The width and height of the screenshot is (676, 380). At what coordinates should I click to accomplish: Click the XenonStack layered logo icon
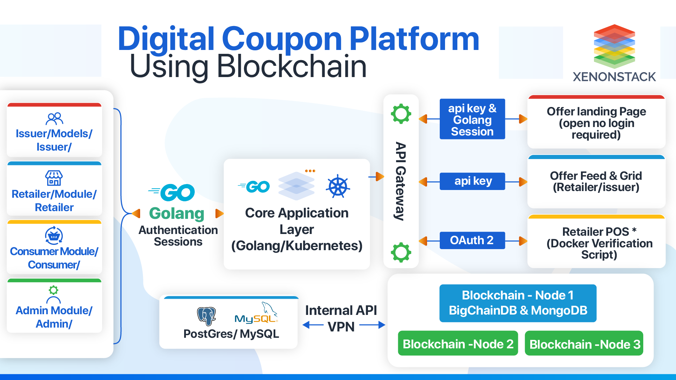point(614,46)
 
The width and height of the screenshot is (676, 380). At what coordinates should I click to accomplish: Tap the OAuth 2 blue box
point(472,240)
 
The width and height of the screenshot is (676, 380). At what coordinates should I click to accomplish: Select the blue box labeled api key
point(472,181)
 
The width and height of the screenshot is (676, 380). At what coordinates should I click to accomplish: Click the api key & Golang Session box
point(472,119)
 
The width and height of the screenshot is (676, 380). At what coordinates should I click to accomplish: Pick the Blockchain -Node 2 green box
point(458,343)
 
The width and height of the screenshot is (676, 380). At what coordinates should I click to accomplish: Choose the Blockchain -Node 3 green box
point(584,343)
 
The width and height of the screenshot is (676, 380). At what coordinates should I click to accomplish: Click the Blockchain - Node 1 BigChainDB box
point(518,303)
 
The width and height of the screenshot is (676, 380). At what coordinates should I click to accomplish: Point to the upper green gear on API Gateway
point(401,114)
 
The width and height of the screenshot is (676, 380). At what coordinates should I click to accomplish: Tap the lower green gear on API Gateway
point(401,252)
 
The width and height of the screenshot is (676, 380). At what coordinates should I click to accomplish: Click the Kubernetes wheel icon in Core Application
point(338,186)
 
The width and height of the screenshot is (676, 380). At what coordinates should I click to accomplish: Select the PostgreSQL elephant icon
point(206,316)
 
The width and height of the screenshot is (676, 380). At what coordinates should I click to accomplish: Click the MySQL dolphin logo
point(257,313)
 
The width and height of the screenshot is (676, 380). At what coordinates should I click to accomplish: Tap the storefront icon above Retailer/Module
point(54,178)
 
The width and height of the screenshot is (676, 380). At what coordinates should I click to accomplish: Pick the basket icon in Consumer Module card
point(54,236)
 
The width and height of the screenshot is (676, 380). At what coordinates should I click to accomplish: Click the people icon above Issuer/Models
point(54,119)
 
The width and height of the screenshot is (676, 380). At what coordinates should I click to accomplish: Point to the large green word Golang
point(176,213)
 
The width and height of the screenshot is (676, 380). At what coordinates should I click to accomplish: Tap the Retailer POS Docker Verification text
point(599,243)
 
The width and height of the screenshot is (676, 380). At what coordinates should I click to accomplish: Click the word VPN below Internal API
point(341,327)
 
